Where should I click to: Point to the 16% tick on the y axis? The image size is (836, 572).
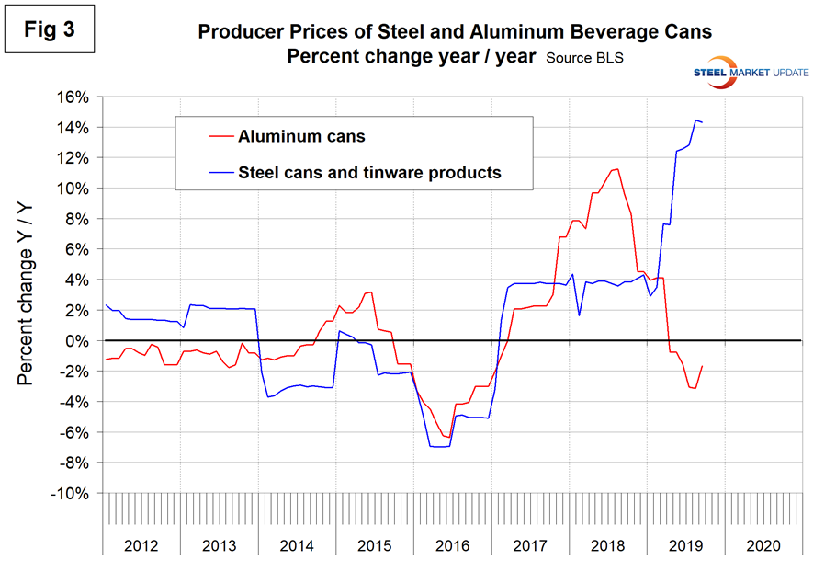(x=73, y=97)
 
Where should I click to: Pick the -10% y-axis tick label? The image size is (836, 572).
(x=72, y=494)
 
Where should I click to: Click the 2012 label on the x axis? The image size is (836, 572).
(x=140, y=546)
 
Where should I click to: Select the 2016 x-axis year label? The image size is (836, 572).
(x=451, y=546)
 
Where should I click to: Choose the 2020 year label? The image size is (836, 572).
(x=763, y=546)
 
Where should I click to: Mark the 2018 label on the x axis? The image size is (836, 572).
(x=607, y=546)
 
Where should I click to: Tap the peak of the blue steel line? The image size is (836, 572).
(x=695, y=120)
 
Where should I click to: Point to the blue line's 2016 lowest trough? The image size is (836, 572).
(x=439, y=447)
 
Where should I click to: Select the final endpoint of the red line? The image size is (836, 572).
(x=703, y=366)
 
